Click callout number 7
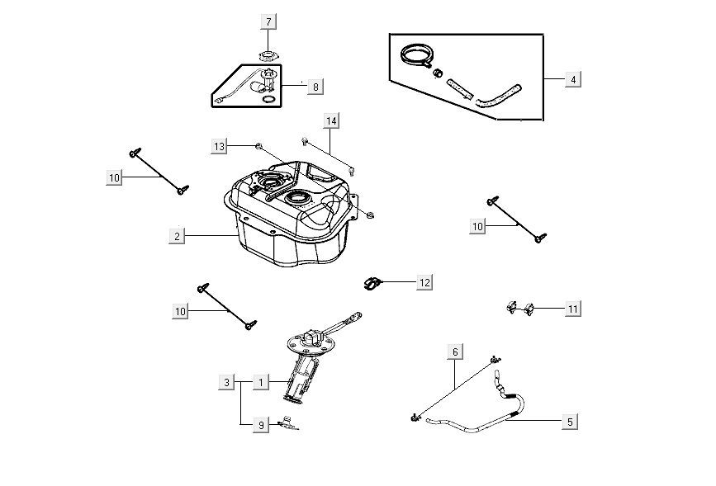(268, 19)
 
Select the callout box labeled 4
(573, 80)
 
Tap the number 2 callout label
(177, 236)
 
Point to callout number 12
(424, 282)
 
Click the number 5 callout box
(569, 422)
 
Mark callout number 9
(261, 425)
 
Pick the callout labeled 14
(331, 121)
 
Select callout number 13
(219, 146)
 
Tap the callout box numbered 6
(455, 352)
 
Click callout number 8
(315, 85)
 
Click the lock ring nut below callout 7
(267, 56)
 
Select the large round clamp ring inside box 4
(415, 55)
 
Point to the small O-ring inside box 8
(268, 100)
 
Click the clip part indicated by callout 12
(372, 283)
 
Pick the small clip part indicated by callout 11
(518, 308)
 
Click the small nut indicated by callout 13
(258, 146)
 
